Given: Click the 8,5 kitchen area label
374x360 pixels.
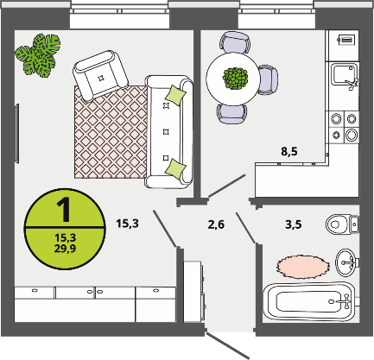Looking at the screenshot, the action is click(289, 151).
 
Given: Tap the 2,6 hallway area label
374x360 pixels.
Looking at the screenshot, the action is click(216, 224).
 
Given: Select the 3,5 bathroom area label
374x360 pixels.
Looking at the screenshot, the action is click(294, 224).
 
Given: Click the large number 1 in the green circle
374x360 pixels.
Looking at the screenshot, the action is click(64, 210).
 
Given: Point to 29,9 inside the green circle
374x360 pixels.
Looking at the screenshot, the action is click(65, 248).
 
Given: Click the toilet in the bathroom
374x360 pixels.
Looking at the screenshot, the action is click(343, 224).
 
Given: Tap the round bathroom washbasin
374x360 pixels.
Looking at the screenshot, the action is click(346, 262).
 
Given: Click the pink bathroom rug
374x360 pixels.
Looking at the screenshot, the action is click(303, 266).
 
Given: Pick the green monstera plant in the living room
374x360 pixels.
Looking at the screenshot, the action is click(38, 55).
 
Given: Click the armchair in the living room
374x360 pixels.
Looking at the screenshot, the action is click(100, 75).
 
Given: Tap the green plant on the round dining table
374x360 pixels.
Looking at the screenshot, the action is click(235, 79).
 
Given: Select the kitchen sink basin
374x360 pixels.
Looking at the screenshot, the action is click(344, 75).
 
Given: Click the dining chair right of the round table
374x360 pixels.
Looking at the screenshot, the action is click(268, 79).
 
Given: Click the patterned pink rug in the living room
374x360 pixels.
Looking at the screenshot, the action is click(111, 132).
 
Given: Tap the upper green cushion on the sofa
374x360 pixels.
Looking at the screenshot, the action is click(175, 95).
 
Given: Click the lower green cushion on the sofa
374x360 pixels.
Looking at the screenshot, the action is click(175, 168).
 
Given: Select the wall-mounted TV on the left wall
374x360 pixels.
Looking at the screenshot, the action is click(16, 134).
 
